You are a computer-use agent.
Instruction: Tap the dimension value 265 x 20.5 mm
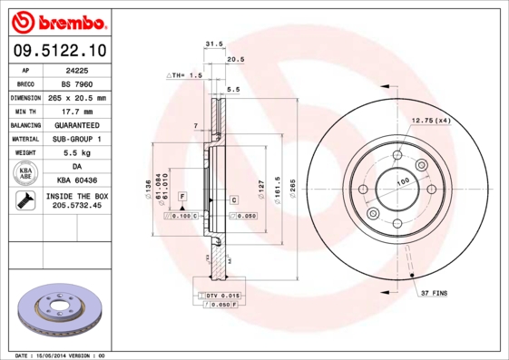(76, 97)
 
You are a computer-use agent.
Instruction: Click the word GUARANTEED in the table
(76, 124)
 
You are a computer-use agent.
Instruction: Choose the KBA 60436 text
(76, 181)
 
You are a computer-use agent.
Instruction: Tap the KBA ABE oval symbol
(25, 174)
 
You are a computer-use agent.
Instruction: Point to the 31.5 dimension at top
(214, 43)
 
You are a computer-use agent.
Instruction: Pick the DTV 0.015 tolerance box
(221, 297)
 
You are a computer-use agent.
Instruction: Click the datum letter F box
(182, 196)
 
